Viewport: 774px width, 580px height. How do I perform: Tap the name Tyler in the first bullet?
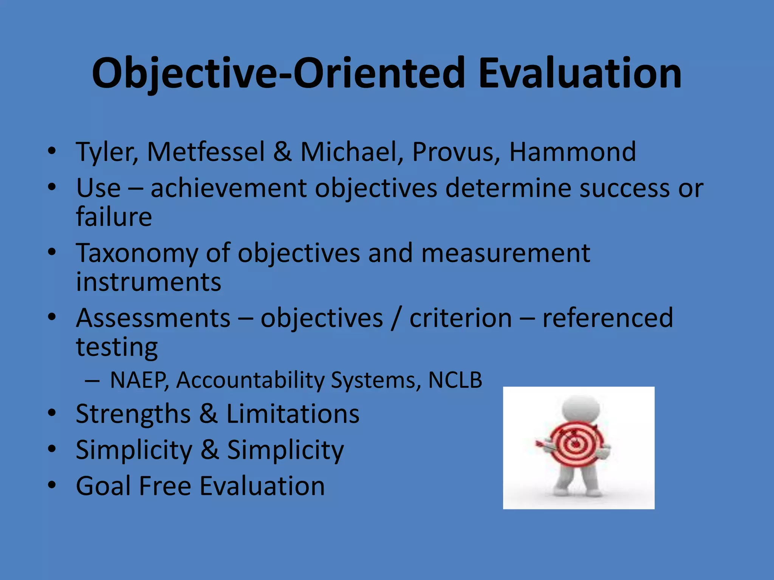[x=106, y=152]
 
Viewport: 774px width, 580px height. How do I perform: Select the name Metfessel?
[x=206, y=152]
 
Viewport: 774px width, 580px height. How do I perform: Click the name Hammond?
[x=573, y=152]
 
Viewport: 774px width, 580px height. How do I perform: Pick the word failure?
[x=114, y=217]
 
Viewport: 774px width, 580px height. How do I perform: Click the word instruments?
[x=149, y=282]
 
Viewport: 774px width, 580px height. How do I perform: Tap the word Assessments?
[x=153, y=318]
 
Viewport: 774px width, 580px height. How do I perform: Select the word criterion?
[x=461, y=318]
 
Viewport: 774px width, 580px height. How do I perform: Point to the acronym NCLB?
[x=455, y=380]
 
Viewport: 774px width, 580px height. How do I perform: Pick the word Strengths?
[x=133, y=414]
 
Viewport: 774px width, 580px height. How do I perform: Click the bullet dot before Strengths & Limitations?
[x=52, y=413]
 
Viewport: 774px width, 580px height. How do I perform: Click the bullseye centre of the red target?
[x=576, y=444]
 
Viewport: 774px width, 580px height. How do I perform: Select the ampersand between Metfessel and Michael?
[x=282, y=152]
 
